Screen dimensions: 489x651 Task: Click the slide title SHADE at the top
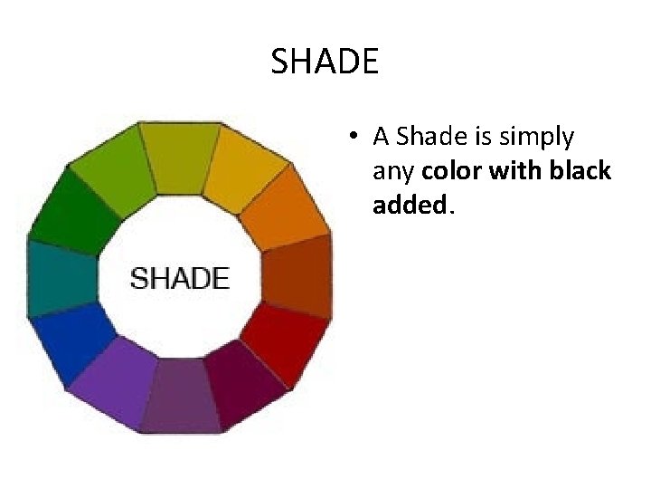coord(325,62)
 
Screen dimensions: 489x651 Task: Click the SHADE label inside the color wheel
coord(180,277)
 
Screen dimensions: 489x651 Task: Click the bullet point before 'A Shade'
coord(359,138)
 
